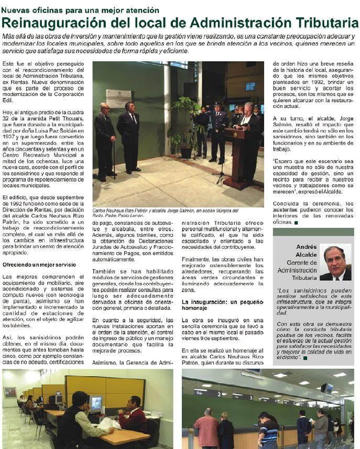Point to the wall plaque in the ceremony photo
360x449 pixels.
point(119,98)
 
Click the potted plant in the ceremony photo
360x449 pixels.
point(186,126)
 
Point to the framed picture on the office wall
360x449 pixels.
point(10,392)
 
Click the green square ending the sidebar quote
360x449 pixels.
point(304,358)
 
